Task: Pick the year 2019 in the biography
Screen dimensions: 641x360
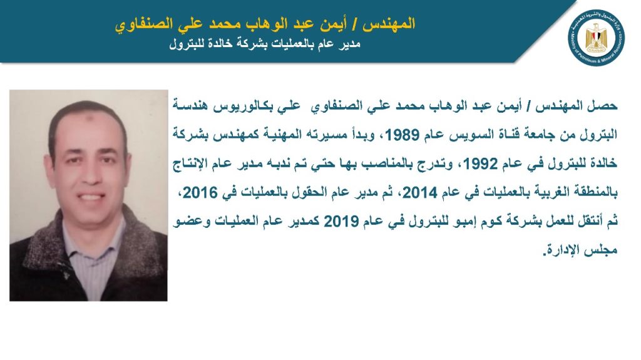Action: (341, 222)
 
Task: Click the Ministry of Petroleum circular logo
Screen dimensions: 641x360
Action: (597, 38)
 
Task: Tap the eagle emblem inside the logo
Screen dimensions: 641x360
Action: (597, 38)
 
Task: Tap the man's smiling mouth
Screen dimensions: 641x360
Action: (90, 197)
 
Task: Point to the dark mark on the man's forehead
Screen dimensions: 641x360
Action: (88, 120)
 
